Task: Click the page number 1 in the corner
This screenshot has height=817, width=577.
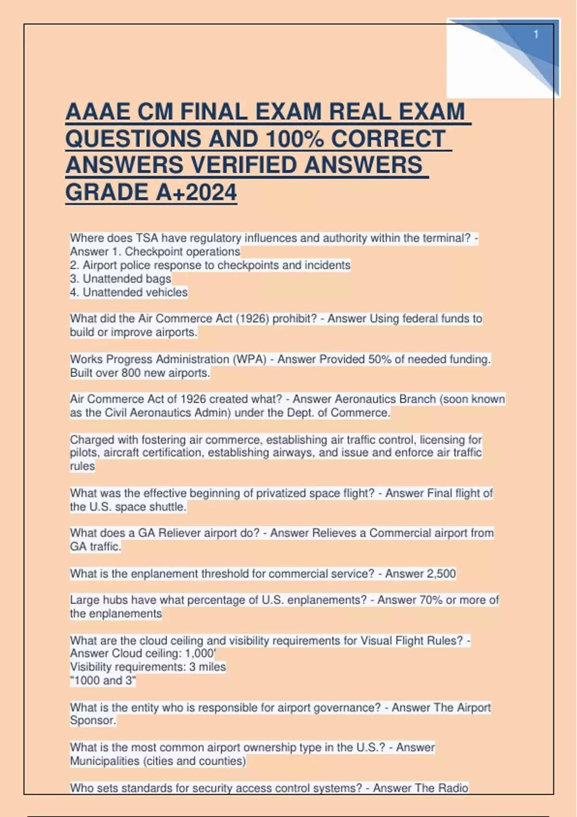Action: coord(536,35)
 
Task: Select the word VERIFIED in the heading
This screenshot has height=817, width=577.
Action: coord(244,165)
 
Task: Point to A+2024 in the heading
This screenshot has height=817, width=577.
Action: coord(196,192)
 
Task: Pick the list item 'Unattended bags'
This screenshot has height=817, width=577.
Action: coord(127,279)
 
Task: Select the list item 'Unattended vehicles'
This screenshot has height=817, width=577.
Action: coord(135,292)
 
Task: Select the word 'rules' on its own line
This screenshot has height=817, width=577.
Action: coord(82,466)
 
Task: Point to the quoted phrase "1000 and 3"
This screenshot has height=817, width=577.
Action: coord(103,681)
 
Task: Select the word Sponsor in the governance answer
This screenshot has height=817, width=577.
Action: coord(92,720)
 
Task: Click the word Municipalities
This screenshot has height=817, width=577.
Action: coord(104,761)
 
